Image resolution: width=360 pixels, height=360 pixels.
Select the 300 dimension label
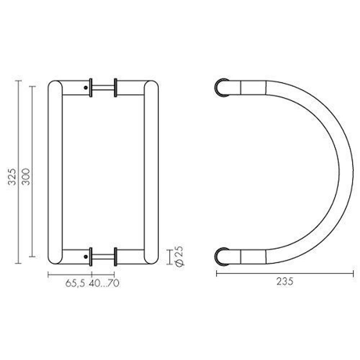[x=26, y=176]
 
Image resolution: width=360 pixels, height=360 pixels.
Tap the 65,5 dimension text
[x=75, y=284]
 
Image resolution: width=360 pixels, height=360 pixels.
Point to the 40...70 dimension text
[x=104, y=284]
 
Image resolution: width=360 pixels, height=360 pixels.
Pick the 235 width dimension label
[x=285, y=282]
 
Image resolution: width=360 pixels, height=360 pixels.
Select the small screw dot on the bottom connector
[x=85, y=257]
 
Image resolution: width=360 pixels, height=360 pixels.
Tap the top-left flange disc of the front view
[x=91, y=87]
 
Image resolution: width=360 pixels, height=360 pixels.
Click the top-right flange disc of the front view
[x=116, y=87]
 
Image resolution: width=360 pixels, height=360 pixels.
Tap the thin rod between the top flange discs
[x=103, y=87]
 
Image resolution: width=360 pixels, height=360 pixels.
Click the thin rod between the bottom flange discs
[x=103, y=257]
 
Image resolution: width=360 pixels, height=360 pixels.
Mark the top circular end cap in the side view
[x=222, y=87]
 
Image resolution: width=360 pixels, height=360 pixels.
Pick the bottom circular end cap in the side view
[x=222, y=257]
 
